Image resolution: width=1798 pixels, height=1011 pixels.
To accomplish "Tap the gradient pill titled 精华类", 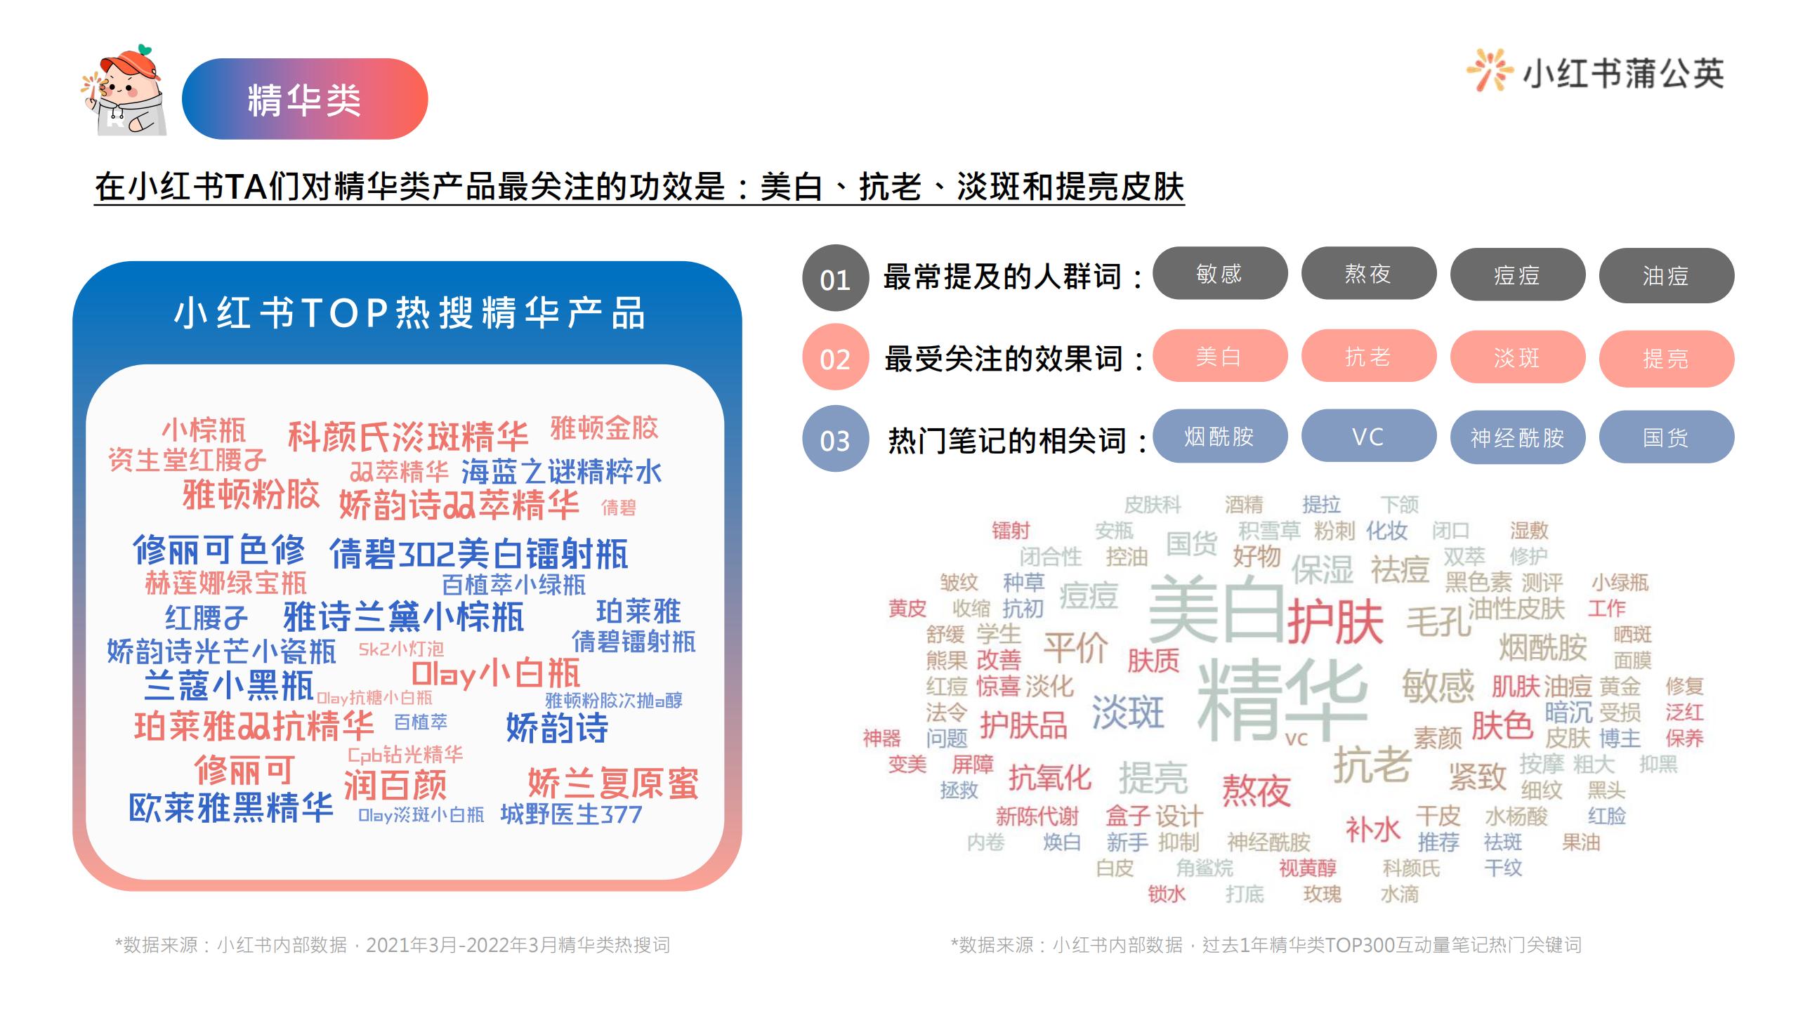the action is click(305, 99).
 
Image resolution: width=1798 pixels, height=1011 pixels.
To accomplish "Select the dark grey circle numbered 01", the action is click(835, 279).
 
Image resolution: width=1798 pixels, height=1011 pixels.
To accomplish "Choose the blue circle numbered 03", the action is click(835, 439).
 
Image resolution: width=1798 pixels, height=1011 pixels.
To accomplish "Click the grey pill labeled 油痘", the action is click(1666, 275).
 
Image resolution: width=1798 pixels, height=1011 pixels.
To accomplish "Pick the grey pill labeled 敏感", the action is click(1220, 273).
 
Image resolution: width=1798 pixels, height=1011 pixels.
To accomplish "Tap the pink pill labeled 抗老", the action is click(1369, 356).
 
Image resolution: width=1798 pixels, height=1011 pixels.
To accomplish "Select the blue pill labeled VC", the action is click(1369, 436).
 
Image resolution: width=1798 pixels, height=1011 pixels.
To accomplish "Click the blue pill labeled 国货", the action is click(1666, 437).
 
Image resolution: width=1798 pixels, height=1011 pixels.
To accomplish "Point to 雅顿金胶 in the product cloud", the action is click(604, 428).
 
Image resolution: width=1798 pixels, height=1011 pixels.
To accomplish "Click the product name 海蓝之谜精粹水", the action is click(561, 472).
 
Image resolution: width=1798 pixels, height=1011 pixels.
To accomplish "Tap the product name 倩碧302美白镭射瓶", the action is click(479, 555).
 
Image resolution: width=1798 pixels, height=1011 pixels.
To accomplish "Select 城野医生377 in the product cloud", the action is click(571, 814).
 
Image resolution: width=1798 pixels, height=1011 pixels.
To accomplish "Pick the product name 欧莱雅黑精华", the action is click(231, 808).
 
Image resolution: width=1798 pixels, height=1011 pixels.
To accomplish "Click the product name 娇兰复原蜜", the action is click(613, 783).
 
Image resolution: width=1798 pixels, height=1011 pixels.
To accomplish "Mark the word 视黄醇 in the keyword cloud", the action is click(1308, 868).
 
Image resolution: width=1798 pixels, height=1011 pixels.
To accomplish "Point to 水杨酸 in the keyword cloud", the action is click(1516, 817).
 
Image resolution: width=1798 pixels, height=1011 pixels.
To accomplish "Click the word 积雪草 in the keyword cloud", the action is click(1270, 530).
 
